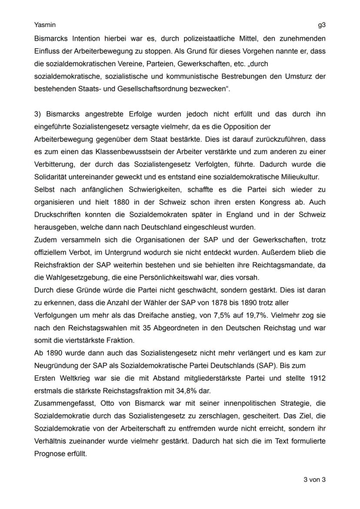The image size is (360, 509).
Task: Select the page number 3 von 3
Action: click(x=314, y=480)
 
